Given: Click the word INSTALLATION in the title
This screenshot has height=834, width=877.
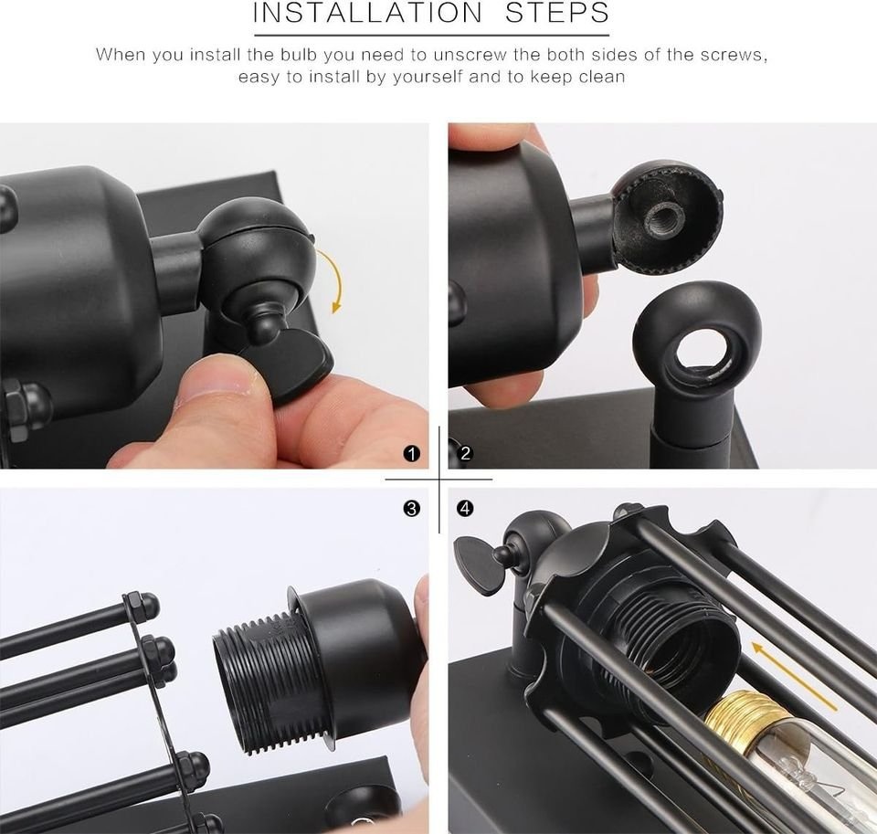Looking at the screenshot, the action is click(367, 12).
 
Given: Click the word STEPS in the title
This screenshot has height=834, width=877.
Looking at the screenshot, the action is click(557, 12).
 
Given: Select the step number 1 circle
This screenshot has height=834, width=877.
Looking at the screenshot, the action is click(411, 454).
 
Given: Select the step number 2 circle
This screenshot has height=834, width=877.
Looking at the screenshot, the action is click(465, 454).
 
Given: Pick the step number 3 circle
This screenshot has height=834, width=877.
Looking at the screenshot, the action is click(411, 509).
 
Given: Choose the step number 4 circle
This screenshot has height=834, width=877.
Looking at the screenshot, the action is click(465, 509).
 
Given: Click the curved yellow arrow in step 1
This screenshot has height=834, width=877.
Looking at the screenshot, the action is click(338, 279).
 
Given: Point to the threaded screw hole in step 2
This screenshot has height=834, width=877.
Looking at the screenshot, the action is click(663, 215).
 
